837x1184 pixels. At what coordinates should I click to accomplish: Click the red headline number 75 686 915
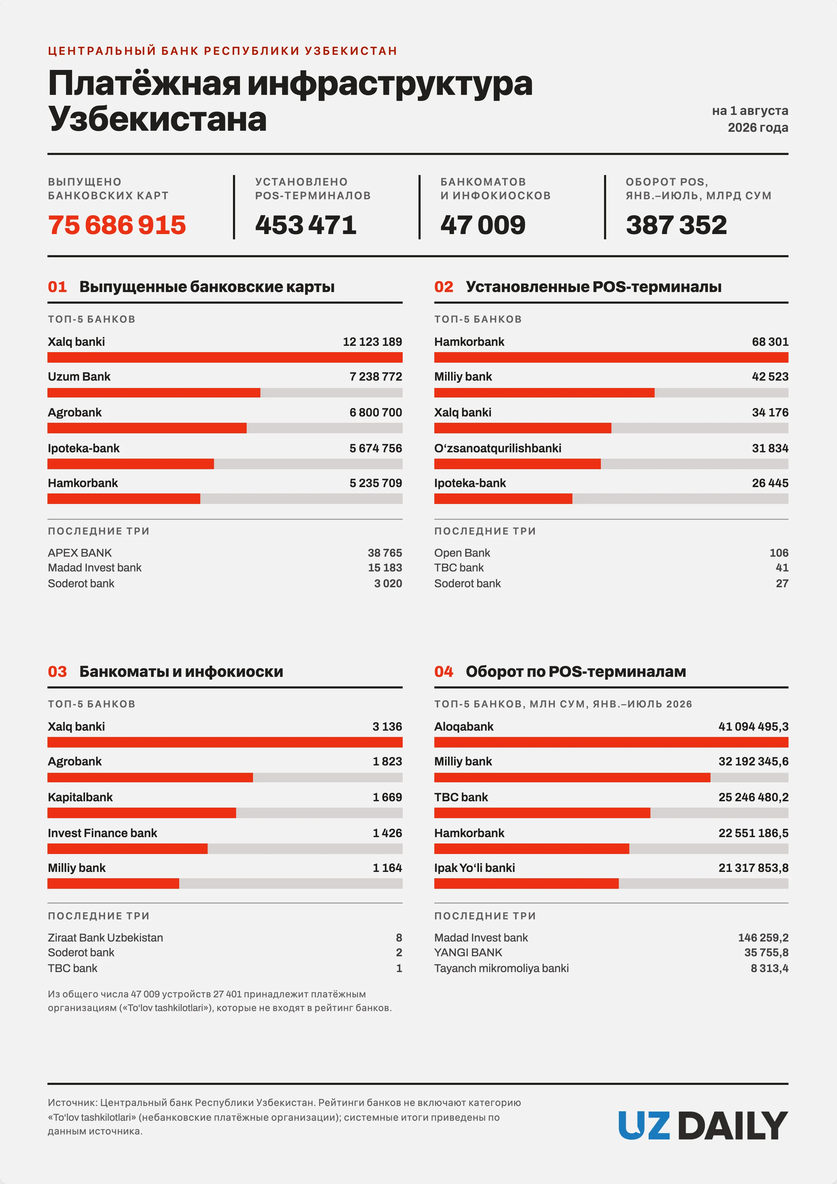pos(117,225)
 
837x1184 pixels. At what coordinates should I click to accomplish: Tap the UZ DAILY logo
pos(703,1126)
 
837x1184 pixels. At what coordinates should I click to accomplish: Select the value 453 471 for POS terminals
pos(306,225)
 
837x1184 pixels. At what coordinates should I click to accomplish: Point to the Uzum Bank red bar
pos(154,393)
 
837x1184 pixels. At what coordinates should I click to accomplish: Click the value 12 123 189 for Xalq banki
pos(372,342)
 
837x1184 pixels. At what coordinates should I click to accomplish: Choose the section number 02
pos(443,287)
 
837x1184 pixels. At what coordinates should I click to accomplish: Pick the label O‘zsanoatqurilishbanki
pos(498,448)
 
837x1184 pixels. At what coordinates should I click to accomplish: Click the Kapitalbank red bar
pos(142,813)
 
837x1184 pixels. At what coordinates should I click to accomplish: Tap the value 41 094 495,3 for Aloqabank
pos(753,726)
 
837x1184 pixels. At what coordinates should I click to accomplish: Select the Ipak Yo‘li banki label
pos(474,868)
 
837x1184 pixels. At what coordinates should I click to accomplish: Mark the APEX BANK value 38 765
pos(385,553)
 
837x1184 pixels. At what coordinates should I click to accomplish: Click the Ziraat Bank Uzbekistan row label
pos(105,938)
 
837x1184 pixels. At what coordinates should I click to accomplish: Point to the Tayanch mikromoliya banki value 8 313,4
pos(770,969)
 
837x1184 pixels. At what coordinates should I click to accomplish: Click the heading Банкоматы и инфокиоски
pos(181,671)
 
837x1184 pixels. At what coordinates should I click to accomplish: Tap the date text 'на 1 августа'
pos(750,111)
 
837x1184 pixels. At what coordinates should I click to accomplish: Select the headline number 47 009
pos(483,225)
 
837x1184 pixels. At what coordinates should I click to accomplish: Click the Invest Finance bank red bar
pos(128,849)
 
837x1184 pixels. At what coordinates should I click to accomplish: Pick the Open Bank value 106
pos(779,553)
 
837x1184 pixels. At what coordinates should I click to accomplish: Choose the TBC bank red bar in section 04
pos(542,813)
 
